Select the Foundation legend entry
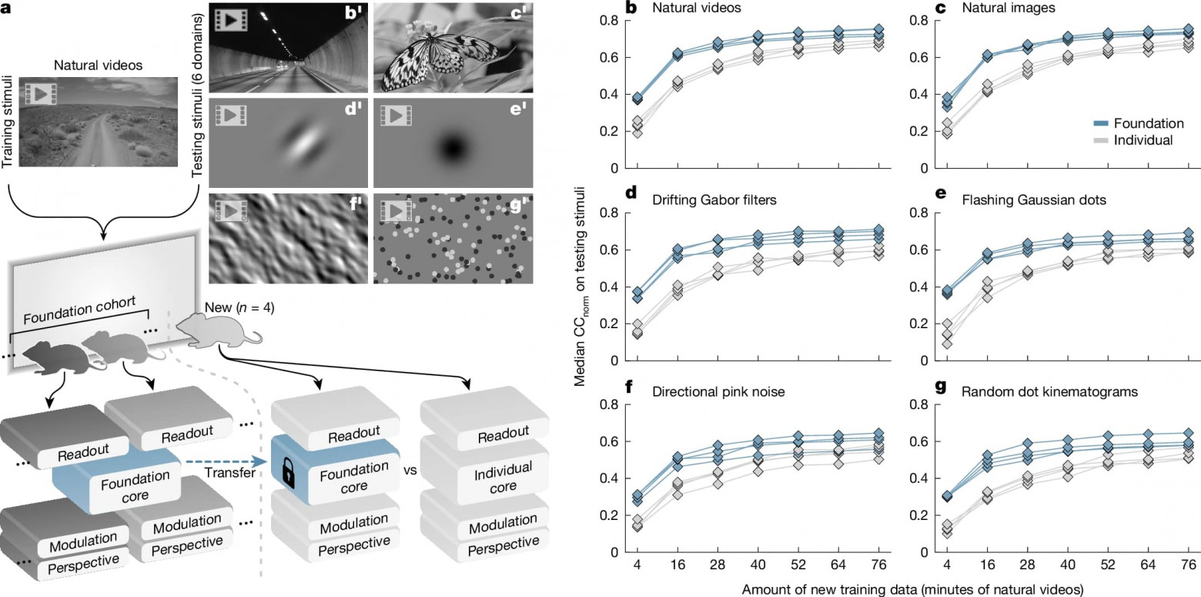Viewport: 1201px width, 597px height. click(x=1143, y=123)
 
